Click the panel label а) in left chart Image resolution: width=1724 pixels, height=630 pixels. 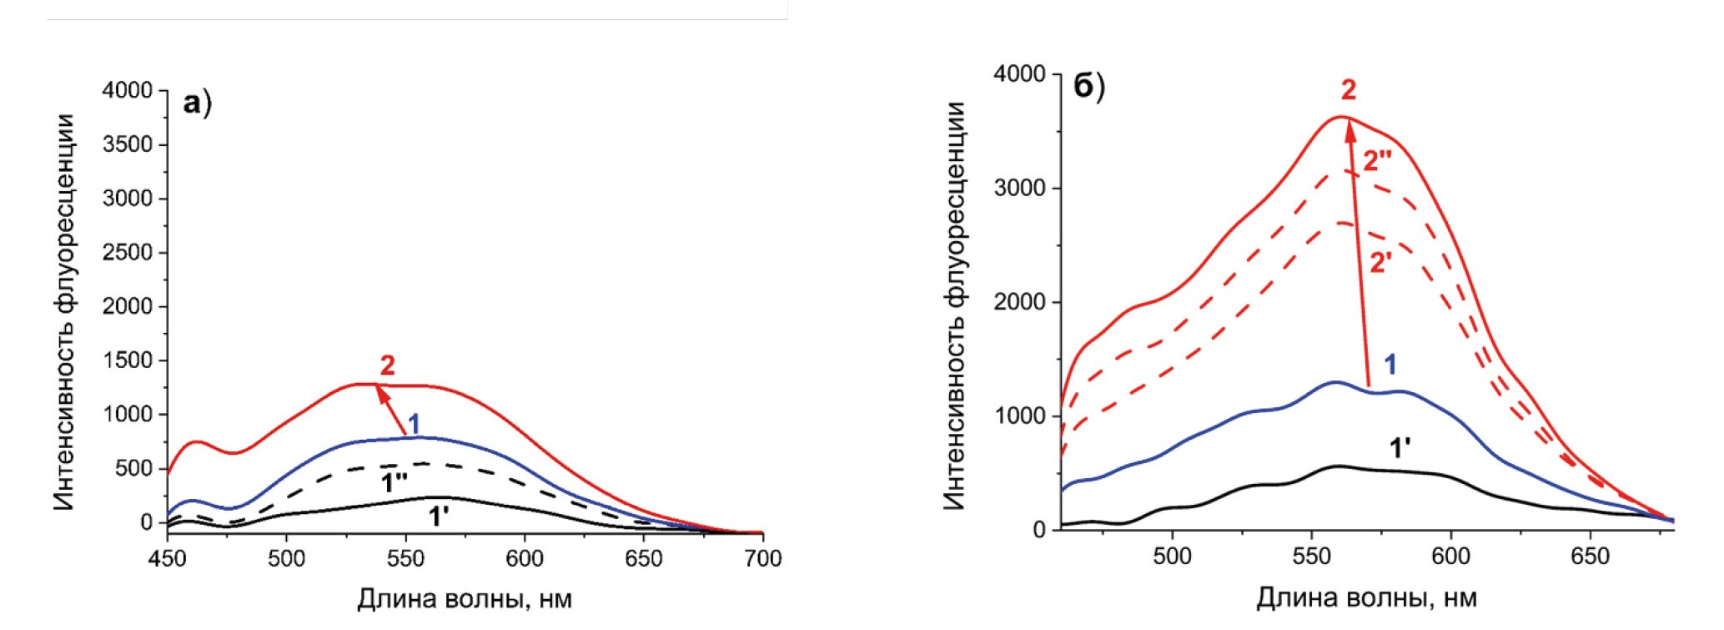tap(197, 104)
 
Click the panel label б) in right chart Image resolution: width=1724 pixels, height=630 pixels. tap(1088, 86)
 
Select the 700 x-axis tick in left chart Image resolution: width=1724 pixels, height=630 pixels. tap(762, 558)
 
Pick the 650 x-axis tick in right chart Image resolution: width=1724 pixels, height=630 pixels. tap(1590, 557)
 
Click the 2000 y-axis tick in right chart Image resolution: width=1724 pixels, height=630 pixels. tap(1019, 302)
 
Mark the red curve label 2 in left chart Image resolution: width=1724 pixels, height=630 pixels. tap(387, 365)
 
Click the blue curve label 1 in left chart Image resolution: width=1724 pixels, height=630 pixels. tap(414, 424)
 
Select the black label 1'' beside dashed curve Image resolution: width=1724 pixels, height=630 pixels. tap(395, 481)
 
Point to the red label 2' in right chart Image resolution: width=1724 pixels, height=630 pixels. tap(1380, 263)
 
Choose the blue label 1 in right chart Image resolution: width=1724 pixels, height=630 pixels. tap(1390, 364)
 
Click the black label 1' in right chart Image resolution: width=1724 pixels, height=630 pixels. tap(1400, 448)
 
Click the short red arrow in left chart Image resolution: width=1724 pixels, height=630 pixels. tap(391, 410)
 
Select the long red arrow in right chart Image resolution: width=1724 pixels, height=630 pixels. tap(1359, 250)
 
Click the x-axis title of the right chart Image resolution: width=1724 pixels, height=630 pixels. tap(1366, 598)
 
